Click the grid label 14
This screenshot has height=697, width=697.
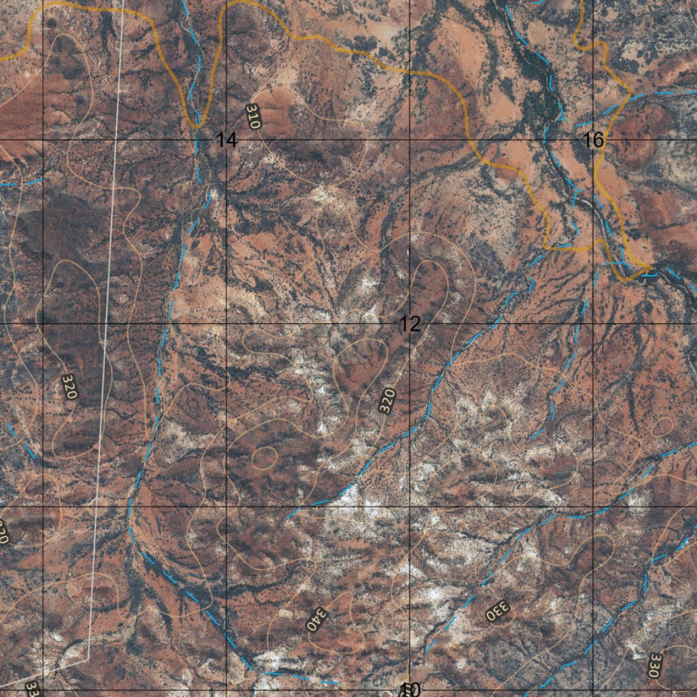227,140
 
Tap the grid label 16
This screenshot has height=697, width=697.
594,140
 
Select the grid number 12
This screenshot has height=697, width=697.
410,324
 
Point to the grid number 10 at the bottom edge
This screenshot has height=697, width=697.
410,690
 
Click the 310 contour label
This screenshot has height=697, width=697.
253,116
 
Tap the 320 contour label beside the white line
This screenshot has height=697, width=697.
70,385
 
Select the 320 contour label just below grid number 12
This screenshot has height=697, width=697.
387,400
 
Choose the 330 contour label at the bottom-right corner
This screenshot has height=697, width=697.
654,665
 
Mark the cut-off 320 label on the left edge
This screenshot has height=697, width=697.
3,532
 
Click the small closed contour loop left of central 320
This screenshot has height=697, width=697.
264,457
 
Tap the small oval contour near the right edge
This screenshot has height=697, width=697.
662,427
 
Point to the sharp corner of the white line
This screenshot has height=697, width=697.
88,659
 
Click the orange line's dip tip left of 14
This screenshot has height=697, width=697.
197,125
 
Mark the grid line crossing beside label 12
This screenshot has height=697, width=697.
409,323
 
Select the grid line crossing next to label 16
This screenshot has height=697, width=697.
593,140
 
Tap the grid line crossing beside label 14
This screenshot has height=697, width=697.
226,140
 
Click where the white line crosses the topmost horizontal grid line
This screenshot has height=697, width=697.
114,140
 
